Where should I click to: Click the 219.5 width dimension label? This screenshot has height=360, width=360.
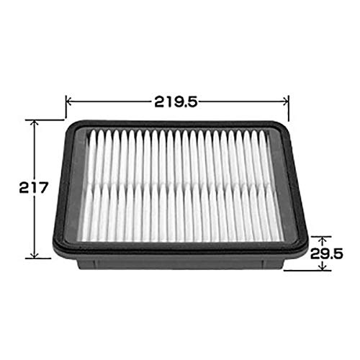tap(176, 102)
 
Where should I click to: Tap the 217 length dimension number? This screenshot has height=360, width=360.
tap(34, 187)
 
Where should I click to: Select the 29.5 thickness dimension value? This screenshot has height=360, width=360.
tap(326, 253)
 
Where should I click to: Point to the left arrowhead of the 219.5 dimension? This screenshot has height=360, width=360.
tap(68, 102)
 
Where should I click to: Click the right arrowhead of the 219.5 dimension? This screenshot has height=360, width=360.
tap(286, 102)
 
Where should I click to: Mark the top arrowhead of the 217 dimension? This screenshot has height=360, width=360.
tap(35, 122)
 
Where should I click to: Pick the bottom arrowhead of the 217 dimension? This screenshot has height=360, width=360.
tap(35, 256)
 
